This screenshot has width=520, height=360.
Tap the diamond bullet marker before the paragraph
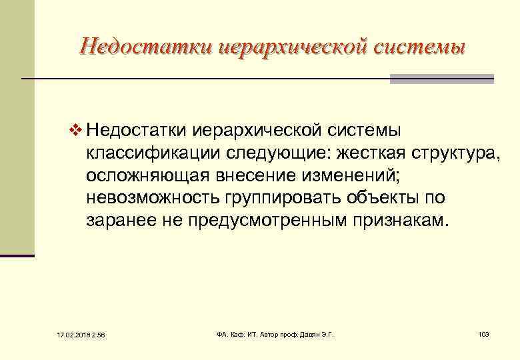[x=75, y=128]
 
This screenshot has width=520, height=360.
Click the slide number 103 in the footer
[x=484, y=333]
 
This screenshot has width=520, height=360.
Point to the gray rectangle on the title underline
[x=441, y=79]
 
